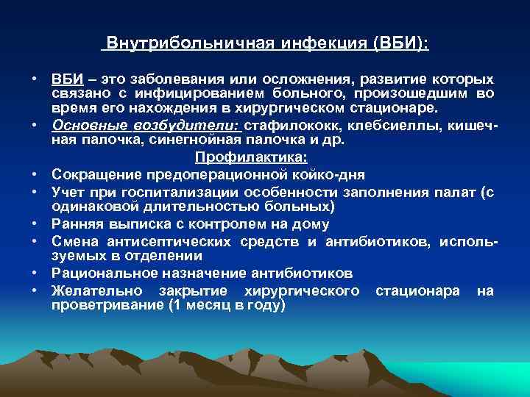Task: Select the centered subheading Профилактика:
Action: [x=251, y=157]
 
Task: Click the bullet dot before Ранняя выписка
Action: [x=35, y=224]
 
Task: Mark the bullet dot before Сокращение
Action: [x=35, y=174]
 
